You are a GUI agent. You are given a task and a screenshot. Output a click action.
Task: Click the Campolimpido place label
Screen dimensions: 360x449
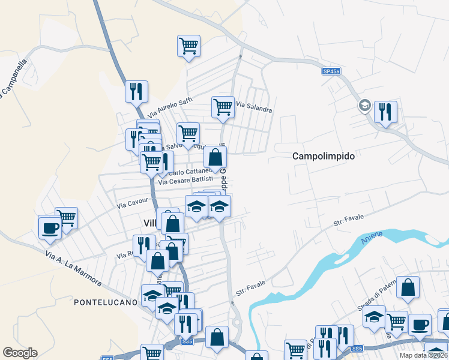[324, 156]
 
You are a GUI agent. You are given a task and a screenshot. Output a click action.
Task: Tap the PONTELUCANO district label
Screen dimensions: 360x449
[106, 302]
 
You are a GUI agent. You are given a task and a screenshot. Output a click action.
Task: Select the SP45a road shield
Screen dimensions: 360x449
[331, 71]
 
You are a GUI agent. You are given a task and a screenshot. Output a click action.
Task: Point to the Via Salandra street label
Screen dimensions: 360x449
[254, 107]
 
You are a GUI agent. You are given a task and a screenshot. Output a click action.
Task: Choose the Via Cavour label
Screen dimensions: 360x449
[131, 204]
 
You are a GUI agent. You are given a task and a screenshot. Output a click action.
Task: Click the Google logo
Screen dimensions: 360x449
[20, 353]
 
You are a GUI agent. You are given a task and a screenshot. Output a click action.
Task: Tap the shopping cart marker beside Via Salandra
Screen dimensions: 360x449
[223, 107]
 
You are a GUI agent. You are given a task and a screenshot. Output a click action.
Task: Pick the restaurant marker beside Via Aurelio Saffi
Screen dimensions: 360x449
[136, 91]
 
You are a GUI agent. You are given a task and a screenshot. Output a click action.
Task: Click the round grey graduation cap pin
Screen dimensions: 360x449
[364, 106]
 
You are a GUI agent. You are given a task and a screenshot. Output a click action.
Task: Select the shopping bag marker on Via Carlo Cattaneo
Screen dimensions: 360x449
[215, 157]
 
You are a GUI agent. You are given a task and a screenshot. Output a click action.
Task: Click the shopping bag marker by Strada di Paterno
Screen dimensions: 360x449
[408, 287]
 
